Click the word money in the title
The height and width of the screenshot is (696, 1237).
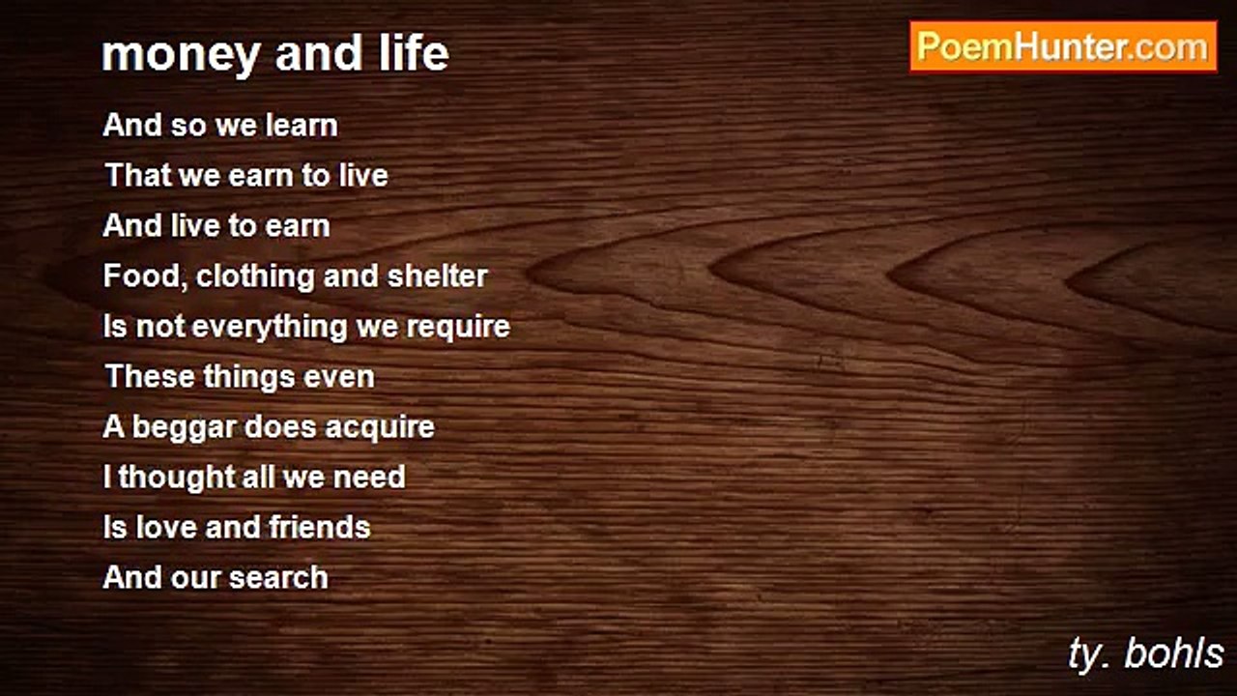pyautogui.click(x=181, y=55)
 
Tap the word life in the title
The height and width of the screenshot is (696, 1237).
pyautogui.click(x=415, y=52)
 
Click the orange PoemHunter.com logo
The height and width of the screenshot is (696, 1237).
pyautogui.click(x=1063, y=47)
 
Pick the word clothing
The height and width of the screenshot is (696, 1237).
pyautogui.click(x=256, y=276)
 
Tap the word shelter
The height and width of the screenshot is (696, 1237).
pyautogui.click(x=437, y=275)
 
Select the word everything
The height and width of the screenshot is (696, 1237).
pyautogui.click(x=270, y=327)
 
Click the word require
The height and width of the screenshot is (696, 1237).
pyautogui.click(x=458, y=327)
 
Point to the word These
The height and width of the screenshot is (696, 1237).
pyautogui.click(x=149, y=377)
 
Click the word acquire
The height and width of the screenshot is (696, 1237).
pyautogui.click(x=380, y=428)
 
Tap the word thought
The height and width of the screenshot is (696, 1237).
pyautogui.click(x=177, y=478)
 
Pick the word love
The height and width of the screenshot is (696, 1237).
pyautogui.click(x=166, y=528)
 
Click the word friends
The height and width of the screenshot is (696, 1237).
pyautogui.click(x=320, y=527)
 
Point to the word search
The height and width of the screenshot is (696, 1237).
pyautogui.click(x=278, y=578)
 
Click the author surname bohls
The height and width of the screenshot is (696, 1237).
pyautogui.click(x=1173, y=654)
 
